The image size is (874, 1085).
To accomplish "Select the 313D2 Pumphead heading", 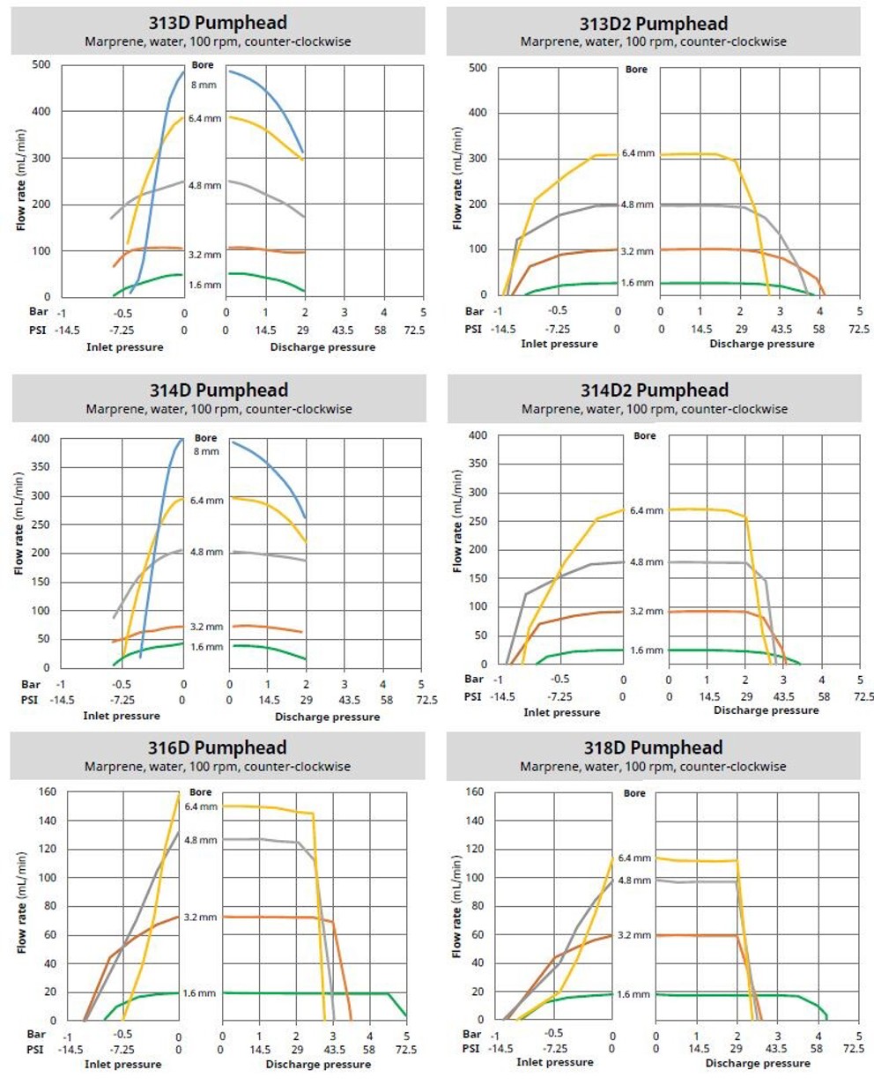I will click(x=653, y=23).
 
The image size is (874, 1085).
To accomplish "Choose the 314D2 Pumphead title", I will click(x=653, y=390).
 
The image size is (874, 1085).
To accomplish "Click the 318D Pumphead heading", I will click(x=653, y=747).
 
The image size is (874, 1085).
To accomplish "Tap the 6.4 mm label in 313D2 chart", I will click(x=638, y=152).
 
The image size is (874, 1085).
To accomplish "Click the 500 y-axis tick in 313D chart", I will click(x=39, y=65).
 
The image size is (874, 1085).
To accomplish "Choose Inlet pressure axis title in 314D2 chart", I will click(x=564, y=712).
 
